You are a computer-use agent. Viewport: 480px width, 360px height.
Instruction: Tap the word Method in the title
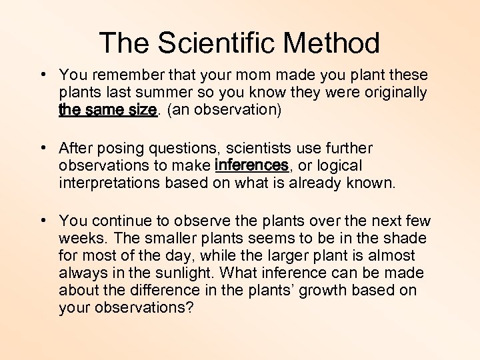click(x=331, y=43)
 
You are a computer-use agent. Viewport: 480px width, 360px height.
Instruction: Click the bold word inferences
click(x=251, y=165)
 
